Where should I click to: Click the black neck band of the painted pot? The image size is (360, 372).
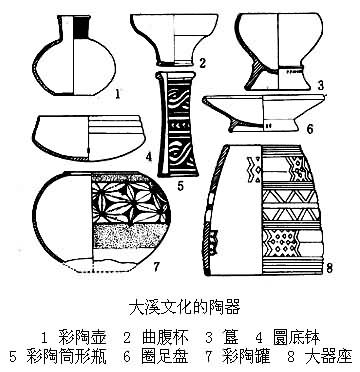81,27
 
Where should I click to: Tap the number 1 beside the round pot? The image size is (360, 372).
117,95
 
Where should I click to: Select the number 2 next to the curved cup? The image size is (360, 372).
202,63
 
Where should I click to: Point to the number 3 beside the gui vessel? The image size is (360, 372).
320,86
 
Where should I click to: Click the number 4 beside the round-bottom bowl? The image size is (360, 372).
148,157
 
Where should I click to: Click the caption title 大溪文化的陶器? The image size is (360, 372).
184,308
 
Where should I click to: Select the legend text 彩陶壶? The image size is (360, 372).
82,337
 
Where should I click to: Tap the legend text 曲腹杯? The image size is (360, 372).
165,337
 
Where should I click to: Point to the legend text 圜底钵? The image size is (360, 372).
296,337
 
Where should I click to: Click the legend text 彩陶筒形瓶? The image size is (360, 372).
66,357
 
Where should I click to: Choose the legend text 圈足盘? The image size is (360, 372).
165,357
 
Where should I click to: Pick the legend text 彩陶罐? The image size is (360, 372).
247,357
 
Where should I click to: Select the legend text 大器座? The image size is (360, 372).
328,357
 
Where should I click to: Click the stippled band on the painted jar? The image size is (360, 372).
129,236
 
